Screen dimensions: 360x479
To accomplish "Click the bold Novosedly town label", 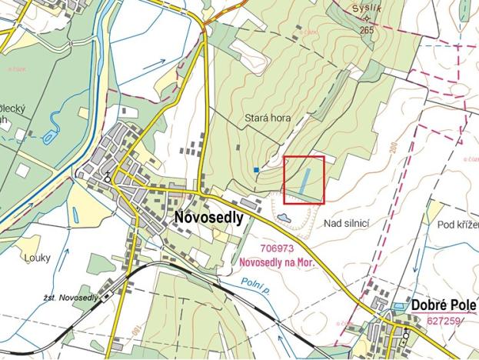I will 208,218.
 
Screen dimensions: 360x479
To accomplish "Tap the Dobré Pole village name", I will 444,304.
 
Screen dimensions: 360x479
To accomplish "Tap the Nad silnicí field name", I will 348,223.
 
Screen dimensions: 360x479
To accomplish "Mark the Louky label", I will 36,258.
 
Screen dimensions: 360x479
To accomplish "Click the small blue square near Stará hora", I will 255,169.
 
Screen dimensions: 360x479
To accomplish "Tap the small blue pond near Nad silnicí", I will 283,218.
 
